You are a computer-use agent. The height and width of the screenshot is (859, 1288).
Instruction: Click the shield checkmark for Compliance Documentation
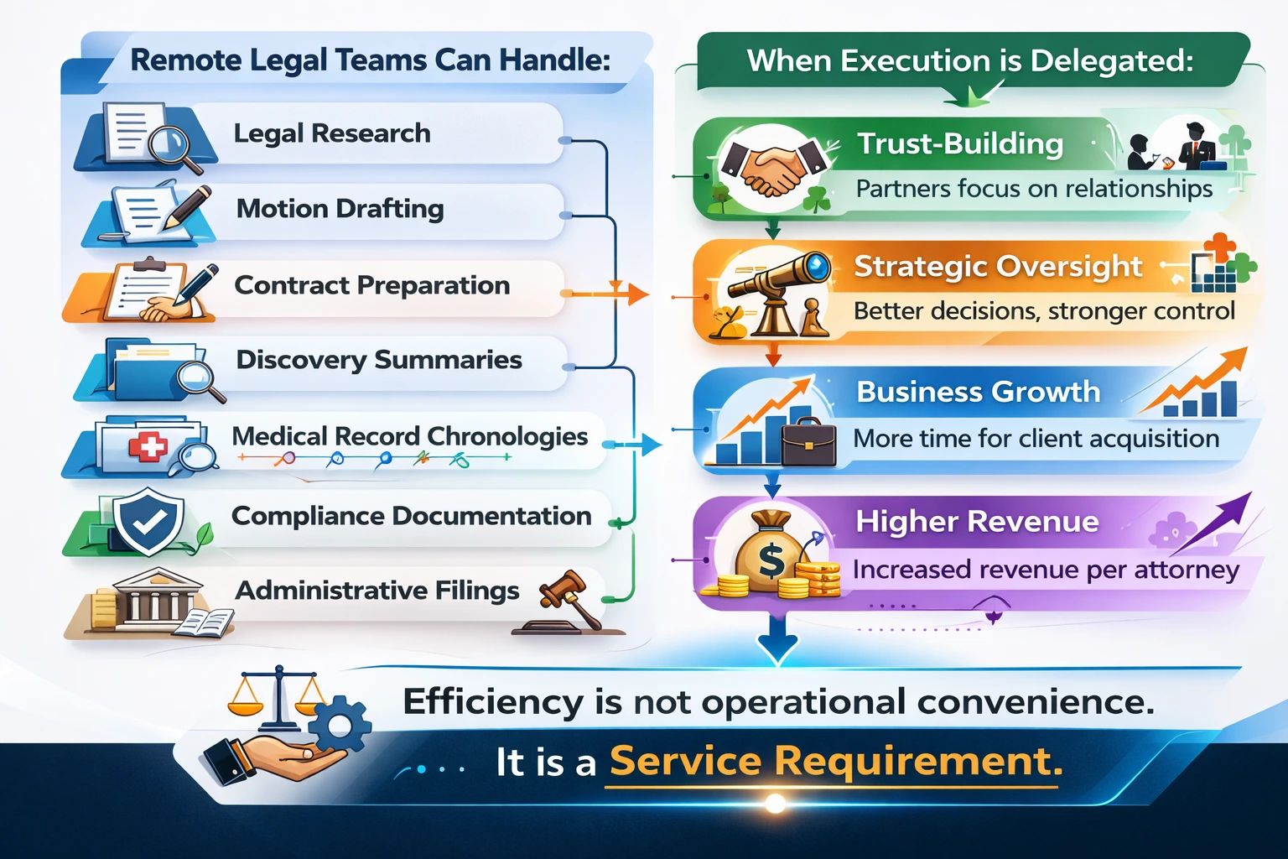[149, 521]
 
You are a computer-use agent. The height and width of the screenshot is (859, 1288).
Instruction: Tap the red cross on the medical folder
[148, 445]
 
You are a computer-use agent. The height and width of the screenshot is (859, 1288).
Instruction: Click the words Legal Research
[332, 133]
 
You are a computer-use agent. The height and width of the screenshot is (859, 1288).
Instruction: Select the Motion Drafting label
[340, 208]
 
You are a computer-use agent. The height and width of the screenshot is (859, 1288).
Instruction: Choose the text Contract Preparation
[371, 285]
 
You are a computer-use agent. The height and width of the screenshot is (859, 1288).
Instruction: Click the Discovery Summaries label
[379, 360]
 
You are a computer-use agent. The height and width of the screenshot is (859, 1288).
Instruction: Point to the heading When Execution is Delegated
[969, 61]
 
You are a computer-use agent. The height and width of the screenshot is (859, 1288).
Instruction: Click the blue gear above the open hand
[340, 723]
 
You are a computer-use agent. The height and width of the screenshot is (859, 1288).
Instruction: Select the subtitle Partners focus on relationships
[1034, 189]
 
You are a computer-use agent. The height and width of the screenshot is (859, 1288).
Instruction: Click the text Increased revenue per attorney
[1046, 570]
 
